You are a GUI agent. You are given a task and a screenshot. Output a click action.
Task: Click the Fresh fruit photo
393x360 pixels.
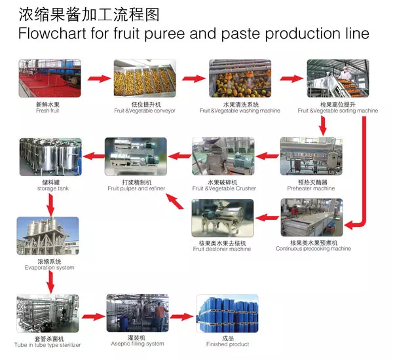coord(50,78)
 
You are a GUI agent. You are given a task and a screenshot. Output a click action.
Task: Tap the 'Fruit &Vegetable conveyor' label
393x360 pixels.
coord(145,111)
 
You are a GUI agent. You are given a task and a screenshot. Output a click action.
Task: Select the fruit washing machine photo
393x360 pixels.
coord(240,78)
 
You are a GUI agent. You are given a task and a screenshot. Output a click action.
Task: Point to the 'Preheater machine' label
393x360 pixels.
coord(310,189)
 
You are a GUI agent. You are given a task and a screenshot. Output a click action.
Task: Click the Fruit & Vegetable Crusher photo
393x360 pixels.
coord(223,156)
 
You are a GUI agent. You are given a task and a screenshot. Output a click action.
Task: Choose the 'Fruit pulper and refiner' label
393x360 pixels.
coord(136,189)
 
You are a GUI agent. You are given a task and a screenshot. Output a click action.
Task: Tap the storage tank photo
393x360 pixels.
coord(50,156)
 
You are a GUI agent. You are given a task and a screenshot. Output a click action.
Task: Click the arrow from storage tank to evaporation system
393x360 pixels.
coord(51,205)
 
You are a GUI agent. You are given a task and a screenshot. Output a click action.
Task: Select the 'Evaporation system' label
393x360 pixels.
coord(49,268)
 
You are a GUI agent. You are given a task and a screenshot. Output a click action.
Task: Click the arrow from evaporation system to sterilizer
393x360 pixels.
coord(51,282)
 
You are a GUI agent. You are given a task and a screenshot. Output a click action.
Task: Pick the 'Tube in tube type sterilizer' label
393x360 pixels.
coord(47,345)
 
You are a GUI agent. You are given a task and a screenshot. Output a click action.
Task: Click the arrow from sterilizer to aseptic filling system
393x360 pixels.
coord(93,317)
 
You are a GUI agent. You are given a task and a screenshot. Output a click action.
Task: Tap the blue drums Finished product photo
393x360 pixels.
coord(227,314)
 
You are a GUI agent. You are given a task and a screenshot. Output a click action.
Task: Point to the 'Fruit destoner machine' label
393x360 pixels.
coord(222,249)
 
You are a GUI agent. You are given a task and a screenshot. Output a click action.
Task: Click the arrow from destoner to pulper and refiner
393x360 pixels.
coord(174,202)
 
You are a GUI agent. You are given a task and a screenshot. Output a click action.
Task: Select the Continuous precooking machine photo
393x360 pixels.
coord(312,217)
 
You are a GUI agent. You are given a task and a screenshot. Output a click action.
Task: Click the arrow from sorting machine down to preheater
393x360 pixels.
coord(323,126)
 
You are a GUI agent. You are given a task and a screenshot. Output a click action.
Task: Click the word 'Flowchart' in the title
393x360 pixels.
coord(52,33)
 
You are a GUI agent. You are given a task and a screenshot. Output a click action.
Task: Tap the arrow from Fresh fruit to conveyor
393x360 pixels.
coord(100,79)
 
